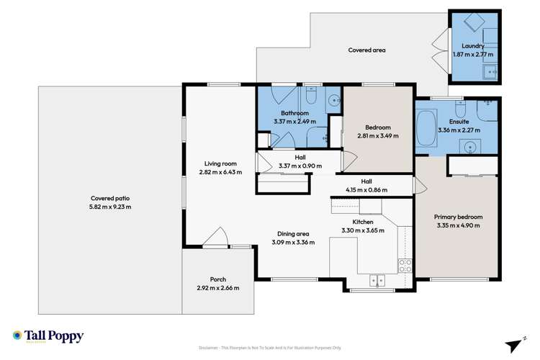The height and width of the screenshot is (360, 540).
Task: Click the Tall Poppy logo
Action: point(48,336)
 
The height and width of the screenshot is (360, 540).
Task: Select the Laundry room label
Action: point(472,46)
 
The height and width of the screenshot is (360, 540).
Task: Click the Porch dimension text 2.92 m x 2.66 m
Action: point(217,288)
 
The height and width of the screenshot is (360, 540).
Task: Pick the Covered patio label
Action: point(110,198)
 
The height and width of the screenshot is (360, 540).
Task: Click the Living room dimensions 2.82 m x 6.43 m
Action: point(220,172)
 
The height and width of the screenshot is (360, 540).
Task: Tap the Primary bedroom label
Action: point(458,217)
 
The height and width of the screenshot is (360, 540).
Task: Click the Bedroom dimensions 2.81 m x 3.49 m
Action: point(377,135)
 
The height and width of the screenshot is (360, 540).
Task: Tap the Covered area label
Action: point(366,50)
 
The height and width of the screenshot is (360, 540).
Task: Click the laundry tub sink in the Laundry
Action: point(491,71)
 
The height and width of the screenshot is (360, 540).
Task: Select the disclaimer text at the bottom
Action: point(269,348)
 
